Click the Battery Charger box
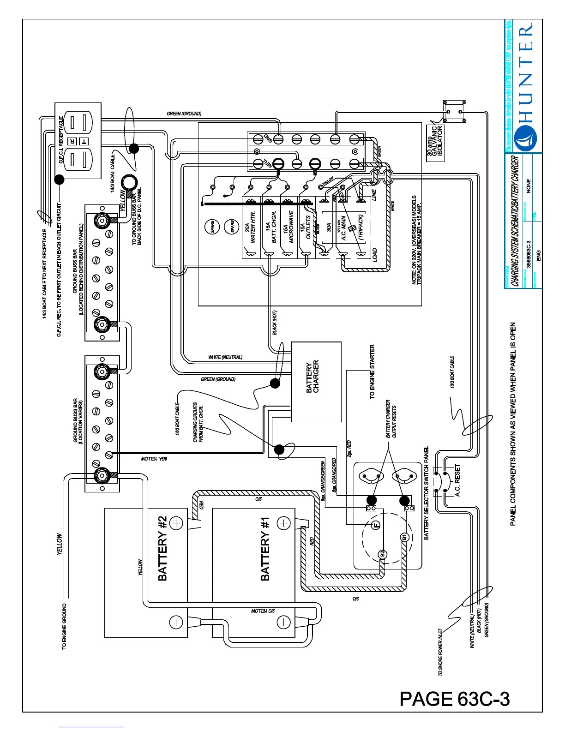316,382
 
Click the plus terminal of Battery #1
283,523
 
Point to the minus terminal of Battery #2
176,622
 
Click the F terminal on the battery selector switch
376,525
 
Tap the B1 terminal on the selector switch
404,537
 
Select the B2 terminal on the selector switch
382,554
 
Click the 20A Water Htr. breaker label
250,228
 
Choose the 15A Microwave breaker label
288,228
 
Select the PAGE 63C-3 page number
455,699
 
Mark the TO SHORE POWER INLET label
440,652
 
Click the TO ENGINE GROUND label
64,626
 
